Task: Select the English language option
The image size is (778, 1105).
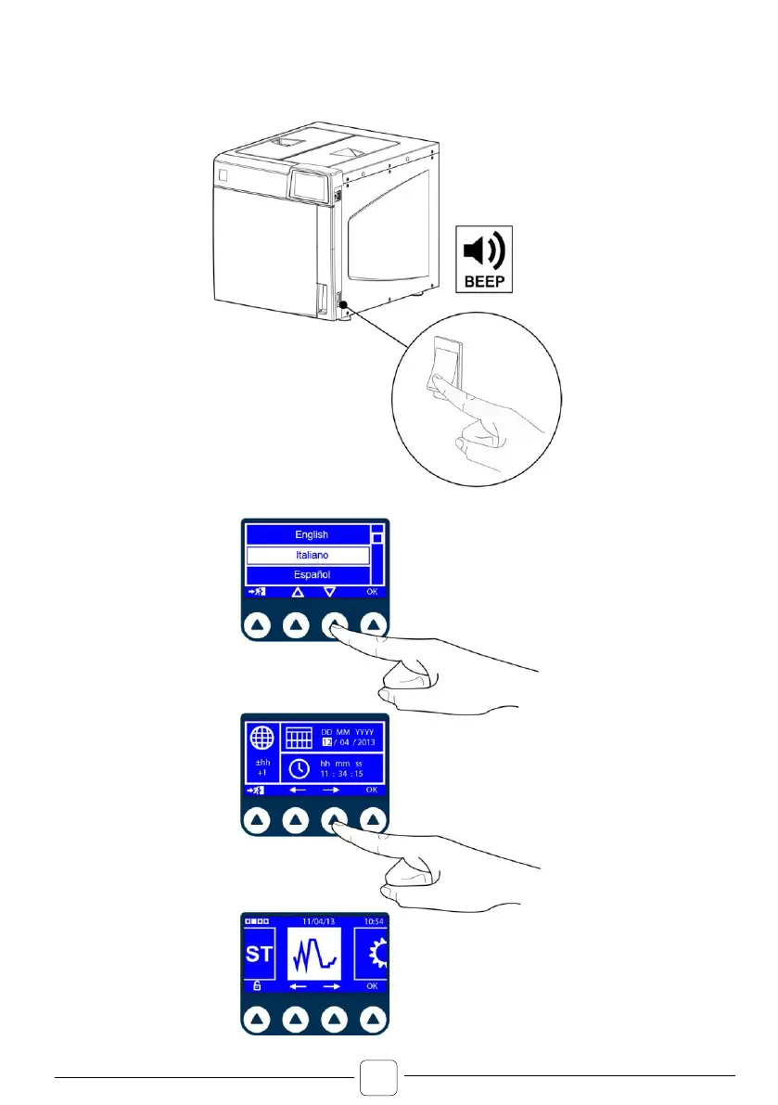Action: [312, 535]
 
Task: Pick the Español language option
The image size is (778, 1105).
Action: [312, 575]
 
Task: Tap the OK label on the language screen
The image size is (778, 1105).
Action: [373, 591]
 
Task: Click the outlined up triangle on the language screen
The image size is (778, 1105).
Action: [297, 591]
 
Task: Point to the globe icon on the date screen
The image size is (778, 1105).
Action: [261, 740]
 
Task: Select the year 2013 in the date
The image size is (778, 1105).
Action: [368, 744]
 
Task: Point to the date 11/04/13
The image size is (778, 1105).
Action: [315, 919]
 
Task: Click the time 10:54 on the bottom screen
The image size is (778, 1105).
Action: [373, 919]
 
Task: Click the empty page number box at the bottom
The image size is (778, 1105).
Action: [379, 1078]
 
